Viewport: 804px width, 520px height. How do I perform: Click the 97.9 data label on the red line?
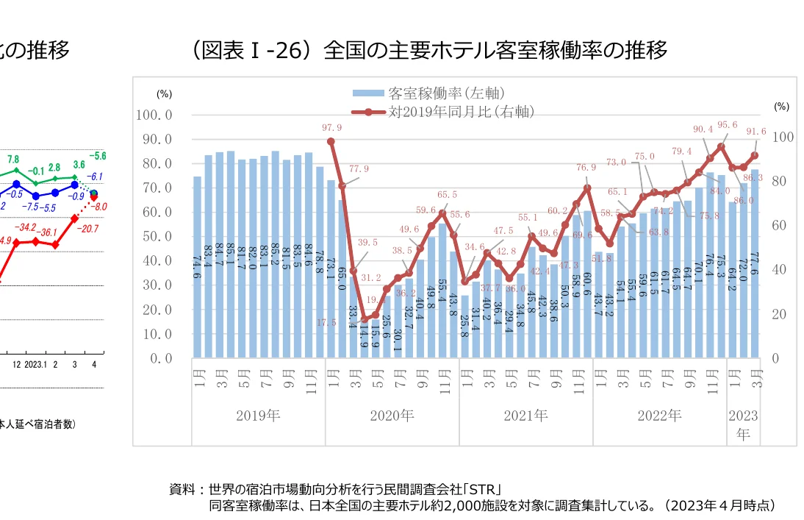click(331, 127)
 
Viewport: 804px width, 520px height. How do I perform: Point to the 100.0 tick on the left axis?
click(154, 115)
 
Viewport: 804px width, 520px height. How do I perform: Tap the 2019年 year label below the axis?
click(258, 416)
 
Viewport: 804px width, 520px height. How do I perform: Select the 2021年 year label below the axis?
click(525, 416)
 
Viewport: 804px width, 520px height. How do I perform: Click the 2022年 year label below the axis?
click(659, 416)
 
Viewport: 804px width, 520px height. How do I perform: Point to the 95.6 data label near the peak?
click(727, 125)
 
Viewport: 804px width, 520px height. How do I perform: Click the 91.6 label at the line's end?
click(755, 132)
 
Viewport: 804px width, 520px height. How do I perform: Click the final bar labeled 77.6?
click(754, 263)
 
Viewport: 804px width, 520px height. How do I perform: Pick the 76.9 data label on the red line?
click(586, 168)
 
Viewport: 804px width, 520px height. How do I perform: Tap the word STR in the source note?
click(486, 488)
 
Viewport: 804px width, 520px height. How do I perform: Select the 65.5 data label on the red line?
click(446, 195)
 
